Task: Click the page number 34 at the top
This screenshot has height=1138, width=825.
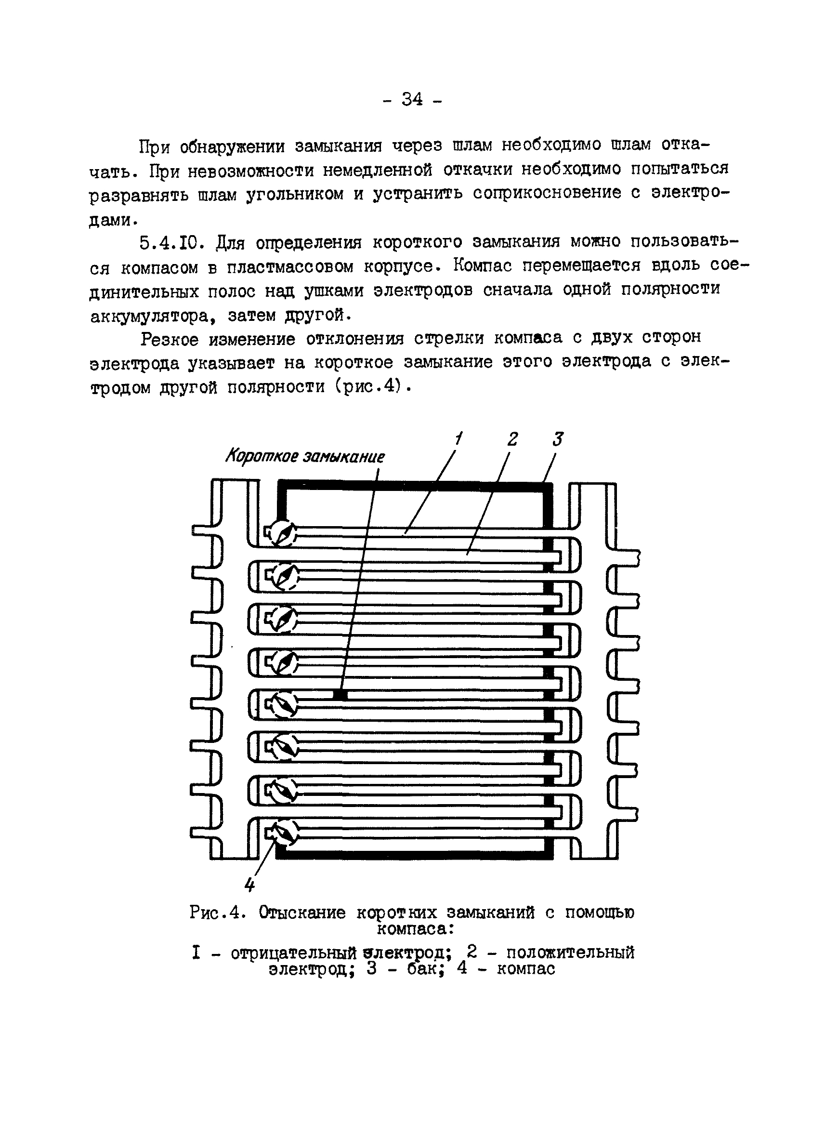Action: (412, 100)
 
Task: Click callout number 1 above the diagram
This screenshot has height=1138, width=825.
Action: (458, 439)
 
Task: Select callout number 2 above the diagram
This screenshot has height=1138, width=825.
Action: (512, 439)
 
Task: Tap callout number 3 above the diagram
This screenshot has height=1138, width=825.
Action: (557, 439)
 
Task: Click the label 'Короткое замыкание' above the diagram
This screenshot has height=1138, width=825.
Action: (305, 457)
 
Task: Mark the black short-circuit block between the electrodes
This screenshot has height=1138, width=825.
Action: (340, 694)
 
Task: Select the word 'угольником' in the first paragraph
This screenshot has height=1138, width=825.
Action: (295, 194)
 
